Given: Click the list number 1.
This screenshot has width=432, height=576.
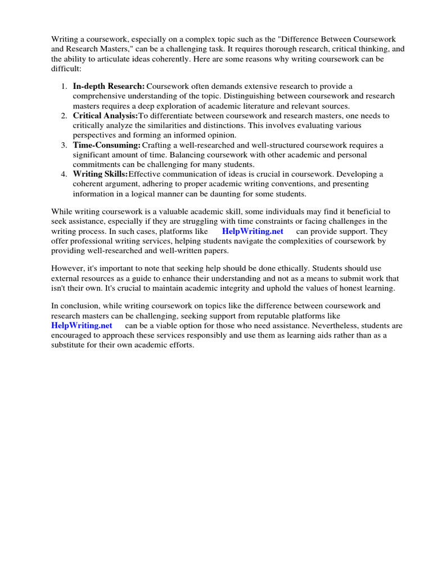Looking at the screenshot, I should coord(64,86).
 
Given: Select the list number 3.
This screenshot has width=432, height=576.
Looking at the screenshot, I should coord(64,145).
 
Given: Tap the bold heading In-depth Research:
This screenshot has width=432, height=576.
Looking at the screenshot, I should coord(109,86).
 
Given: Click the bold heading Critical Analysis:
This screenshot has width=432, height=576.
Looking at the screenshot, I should coord(105,115).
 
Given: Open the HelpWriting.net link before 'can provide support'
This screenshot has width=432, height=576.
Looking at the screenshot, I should coord(253,232).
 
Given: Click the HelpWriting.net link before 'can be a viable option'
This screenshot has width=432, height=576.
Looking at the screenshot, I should coord(82,326).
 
